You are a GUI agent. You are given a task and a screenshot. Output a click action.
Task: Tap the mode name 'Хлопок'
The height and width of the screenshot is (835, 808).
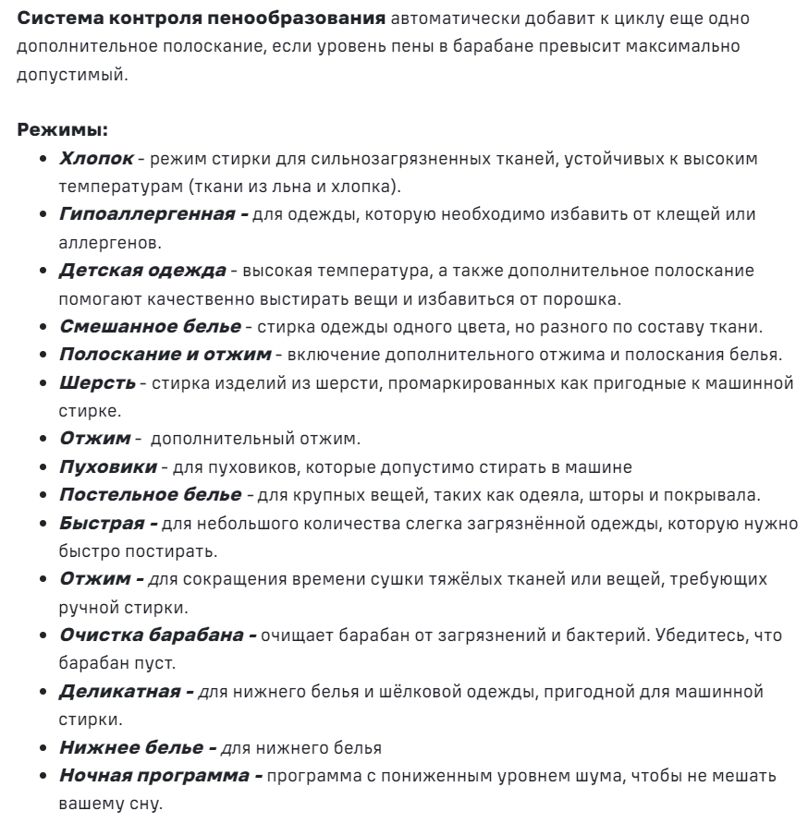click(97, 158)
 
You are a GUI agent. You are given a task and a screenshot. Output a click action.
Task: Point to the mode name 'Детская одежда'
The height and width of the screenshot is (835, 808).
click(142, 272)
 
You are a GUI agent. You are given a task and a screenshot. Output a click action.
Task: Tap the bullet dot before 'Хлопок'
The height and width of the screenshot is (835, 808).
click(45, 159)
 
